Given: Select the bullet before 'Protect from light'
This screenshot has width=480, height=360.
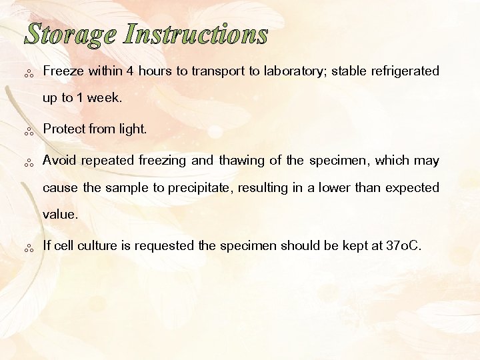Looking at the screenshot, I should point(29,131).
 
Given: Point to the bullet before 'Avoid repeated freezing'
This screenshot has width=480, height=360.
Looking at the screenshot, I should point(29,163).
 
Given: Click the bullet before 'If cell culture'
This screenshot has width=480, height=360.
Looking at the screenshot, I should point(29,249).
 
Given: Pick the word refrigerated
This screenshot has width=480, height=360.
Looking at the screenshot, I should point(403,71).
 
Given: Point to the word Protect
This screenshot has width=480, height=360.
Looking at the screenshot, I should point(64,129).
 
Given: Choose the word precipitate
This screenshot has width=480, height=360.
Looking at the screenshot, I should point(200,188).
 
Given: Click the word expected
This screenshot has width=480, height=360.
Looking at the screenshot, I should point(411,188).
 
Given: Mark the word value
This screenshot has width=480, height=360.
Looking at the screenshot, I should point(60,215).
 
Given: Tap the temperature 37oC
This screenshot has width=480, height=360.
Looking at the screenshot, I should point(403,246).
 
